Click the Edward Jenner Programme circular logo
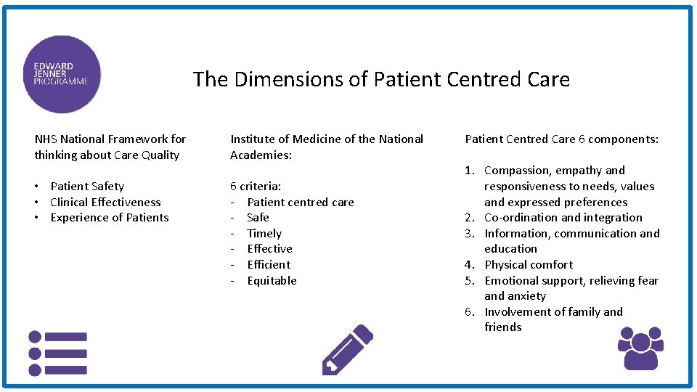(61, 75)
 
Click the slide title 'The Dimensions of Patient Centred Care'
(381, 79)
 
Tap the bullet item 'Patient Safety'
(87, 187)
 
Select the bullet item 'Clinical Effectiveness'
(105, 203)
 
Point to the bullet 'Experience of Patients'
(109, 218)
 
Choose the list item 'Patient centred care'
(301, 203)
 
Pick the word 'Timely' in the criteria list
(264, 234)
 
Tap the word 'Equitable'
(272, 281)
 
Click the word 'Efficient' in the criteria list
(269, 265)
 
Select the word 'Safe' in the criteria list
(258, 218)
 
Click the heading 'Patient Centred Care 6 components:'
(562, 139)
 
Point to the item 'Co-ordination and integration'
(563, 218)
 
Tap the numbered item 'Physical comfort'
(529, 265)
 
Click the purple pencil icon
(346, 349)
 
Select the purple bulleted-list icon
(57, 354)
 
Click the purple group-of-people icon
(640, 348)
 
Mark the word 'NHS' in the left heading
(46, 139)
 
